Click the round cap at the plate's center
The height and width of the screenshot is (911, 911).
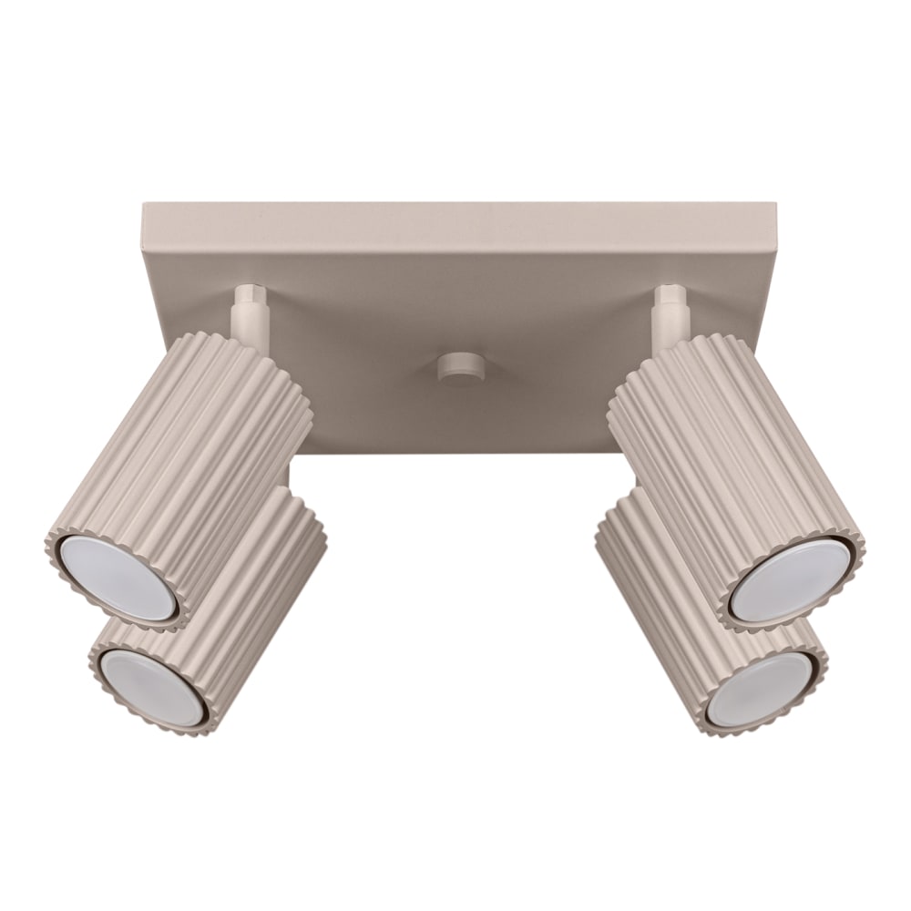[460, 368]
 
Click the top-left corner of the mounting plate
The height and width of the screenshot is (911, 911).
[144, 205]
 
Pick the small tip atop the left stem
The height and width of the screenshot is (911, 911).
[247, 292]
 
